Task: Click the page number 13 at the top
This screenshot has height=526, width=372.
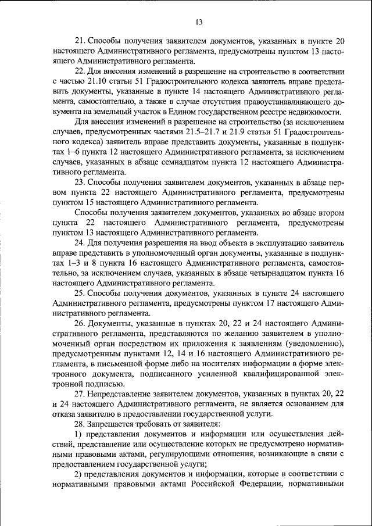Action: [198, 22]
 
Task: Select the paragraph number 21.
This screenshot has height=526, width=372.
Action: [80, 41]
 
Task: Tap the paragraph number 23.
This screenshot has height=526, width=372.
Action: [80, 183]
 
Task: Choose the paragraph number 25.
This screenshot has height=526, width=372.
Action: [80, 294]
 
